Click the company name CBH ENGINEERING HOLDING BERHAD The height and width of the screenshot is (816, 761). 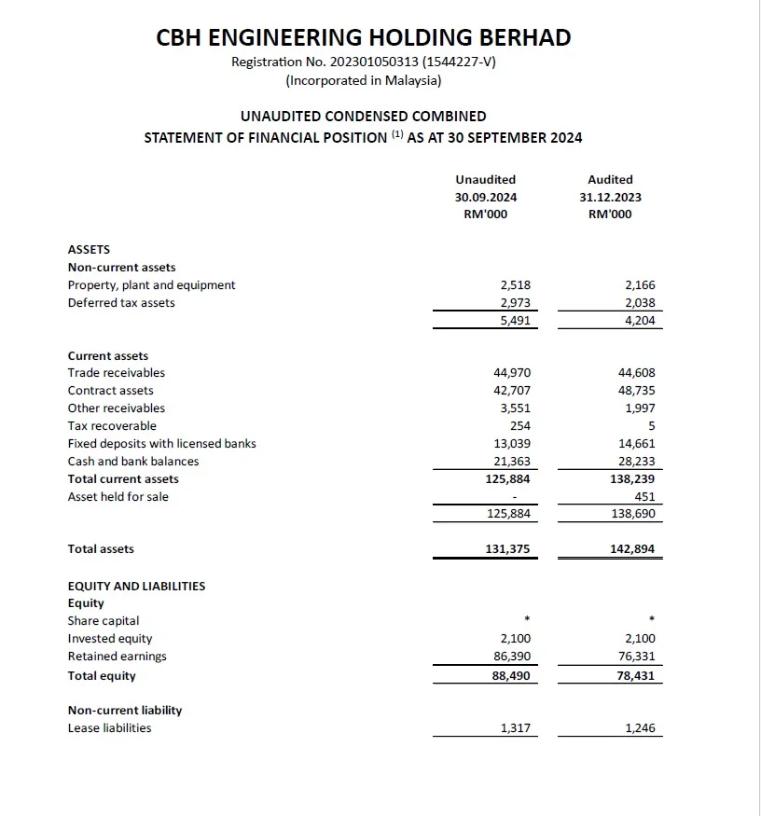[363, 37]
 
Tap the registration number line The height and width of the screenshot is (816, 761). [363, 62]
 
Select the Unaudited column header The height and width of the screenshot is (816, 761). [485, 179]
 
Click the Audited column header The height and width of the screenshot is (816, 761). [610, 179]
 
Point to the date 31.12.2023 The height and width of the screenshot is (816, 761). [610, 197]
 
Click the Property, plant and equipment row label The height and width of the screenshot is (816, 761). [151, 284]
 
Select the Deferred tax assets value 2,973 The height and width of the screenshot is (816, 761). [515, 302]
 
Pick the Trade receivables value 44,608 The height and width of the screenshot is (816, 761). [638, 372]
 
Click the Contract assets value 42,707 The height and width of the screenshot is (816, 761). [512, 390]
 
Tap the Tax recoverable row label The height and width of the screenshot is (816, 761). [112, 425]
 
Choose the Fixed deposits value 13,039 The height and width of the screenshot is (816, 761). [512, 443]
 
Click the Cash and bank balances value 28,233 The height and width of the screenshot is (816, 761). [638, 461]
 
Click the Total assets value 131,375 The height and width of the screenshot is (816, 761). [507, 549]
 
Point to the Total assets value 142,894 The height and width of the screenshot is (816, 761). [632, 549]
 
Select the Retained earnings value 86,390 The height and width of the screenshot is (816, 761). [512, 656]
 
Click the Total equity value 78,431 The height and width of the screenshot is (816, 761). [638, 675]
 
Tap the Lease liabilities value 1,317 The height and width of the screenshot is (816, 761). [515, 727]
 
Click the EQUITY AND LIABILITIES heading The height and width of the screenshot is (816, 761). [136, 586]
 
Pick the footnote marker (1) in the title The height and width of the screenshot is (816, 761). [397, 134]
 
